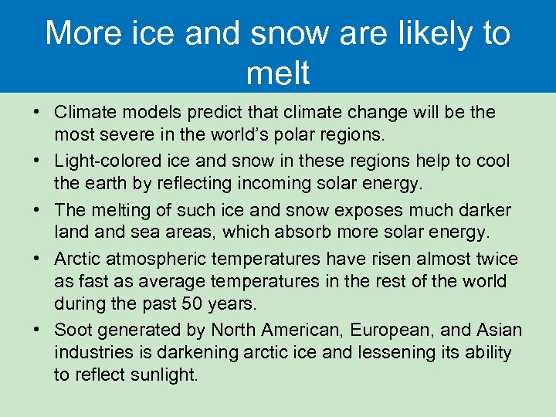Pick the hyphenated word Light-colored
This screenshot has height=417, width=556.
click(x=105, y=161)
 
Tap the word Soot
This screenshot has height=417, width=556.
click(x=73, y=331)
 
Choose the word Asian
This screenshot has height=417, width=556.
click(x=499, y=331)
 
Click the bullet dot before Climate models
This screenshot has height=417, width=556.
click(x=37, y=112)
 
